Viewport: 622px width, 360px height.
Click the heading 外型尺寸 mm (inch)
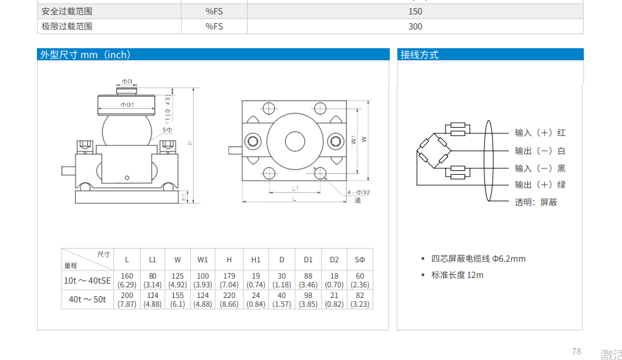pos(85,55)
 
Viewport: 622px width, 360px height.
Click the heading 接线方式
pos(419,55)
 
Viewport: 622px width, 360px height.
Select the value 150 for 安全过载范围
pos(415,11)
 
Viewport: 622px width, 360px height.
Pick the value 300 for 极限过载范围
pos(415,26)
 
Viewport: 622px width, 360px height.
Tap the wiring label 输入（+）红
pos(539,133)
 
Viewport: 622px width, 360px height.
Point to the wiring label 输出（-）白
pos(539,151)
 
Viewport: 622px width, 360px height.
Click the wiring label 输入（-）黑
pos(539,168)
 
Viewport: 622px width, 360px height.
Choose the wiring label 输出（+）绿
pos(539,185)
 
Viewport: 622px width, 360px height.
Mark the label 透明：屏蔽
pos(536,202)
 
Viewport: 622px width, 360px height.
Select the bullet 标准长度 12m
pos(457,275)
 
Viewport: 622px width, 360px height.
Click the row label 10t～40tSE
pos(87,280)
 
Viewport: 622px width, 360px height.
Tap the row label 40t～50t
pos(87,299)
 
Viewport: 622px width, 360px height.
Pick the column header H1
pos(255,260)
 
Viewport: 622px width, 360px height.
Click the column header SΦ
pos(359,260)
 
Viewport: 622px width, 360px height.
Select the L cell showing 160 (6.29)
pos(127,280)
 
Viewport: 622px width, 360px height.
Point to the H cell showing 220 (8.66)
pos(229,299)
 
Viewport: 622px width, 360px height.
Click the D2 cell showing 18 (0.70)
pos(334,280)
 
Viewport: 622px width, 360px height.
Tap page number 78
pos(576,351)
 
